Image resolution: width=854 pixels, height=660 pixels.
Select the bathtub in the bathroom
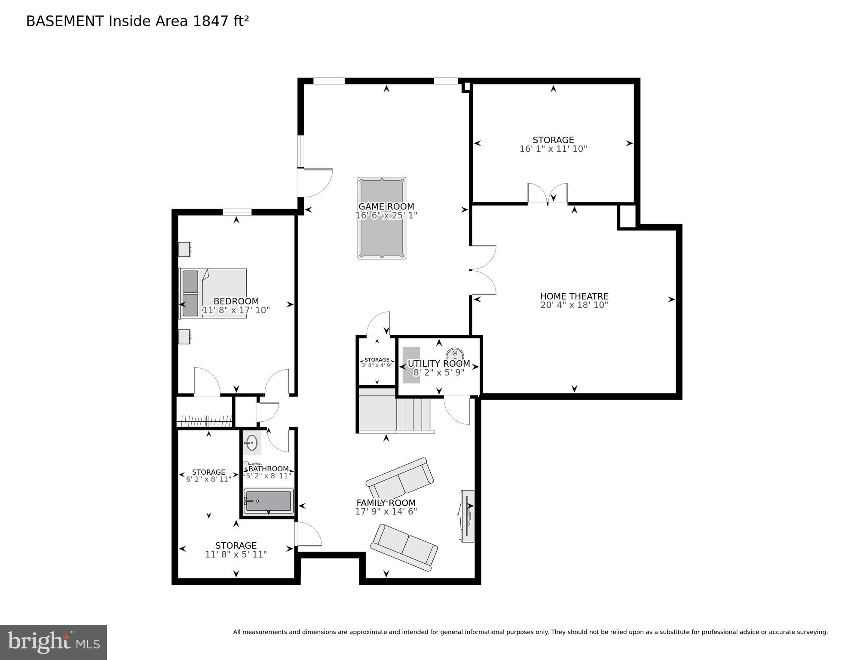[268, 501]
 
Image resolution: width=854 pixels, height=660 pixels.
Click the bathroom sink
[251, 442]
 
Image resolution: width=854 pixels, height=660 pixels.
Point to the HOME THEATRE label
[574, 296]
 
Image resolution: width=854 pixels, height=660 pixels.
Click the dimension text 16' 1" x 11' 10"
[553, 149]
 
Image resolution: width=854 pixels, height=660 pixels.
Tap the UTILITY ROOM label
[438, 363]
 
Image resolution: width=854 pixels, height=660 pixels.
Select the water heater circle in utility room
[455, 355]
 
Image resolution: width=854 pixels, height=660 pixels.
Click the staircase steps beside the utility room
[413, 414]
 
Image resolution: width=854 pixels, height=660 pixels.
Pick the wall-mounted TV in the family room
[468, 516]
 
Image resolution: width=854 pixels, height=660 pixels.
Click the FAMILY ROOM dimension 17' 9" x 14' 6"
[386, 512]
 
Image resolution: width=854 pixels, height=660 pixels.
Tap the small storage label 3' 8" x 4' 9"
[377, 365]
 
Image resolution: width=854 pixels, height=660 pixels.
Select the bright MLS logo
[53, 642]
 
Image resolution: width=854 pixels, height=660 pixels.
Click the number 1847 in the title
[211, 21]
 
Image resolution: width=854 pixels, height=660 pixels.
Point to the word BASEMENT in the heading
[65, 21]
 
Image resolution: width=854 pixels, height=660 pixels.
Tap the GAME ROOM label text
[386, 206]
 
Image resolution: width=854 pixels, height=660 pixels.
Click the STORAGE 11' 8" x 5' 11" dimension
[236, 555]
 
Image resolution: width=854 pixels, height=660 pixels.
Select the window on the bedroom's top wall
[237, 212]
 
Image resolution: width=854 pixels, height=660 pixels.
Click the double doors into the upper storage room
[548, 194]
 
